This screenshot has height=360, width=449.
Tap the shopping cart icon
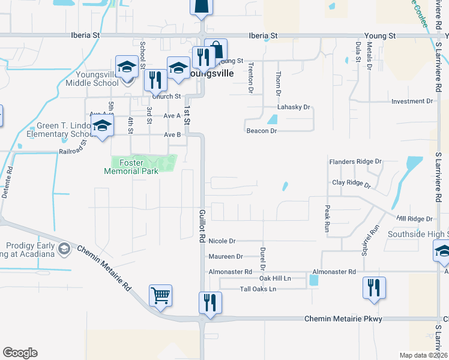point(160,296)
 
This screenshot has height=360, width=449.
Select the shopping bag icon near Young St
point(216,50)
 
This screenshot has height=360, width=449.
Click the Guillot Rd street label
point(202,226)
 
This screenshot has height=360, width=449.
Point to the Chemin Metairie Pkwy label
point(343,319)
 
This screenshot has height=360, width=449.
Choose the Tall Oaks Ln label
point(257,289)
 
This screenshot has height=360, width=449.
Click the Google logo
point(20,353)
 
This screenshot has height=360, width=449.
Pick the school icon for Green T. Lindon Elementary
point(102,127)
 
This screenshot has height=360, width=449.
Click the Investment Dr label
point(412,101)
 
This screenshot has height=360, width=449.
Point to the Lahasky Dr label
point(293,107)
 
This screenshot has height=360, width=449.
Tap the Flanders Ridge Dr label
point(355,161)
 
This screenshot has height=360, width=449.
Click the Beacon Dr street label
point(261,130)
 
